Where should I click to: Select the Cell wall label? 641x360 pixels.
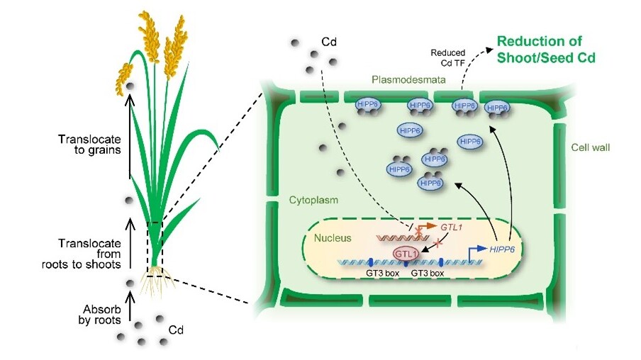coord(590,147)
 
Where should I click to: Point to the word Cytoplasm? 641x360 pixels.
coord(311,201)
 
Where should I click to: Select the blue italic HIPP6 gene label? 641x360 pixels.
coord(501,252)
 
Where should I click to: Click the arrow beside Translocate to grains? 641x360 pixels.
coord(128,138)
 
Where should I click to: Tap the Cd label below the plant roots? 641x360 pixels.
coord(175,330)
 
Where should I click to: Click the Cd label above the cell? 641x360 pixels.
coord(329,41)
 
